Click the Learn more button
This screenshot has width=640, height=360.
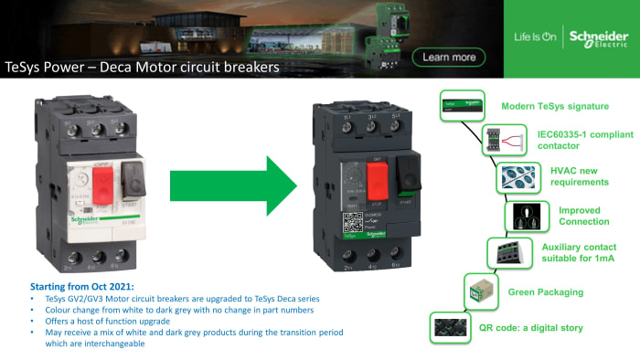[449, 58]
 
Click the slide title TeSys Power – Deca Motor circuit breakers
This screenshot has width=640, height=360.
[142, 68]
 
